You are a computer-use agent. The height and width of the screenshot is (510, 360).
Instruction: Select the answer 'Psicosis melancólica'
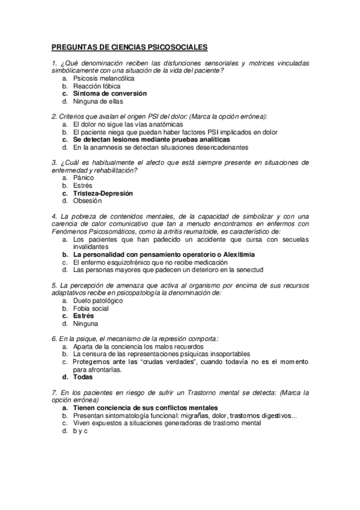coord(103,78)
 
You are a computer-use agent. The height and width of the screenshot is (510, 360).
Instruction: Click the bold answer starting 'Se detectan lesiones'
coord(143,139)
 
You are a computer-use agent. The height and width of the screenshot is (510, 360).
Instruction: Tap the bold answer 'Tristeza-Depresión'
coord(103,194)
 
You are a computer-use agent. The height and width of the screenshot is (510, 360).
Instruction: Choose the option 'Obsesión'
coord(88,201)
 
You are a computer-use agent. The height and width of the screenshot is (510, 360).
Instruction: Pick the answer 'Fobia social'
coord(91,308)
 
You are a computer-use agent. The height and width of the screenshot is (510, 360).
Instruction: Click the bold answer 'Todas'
coord(83,377)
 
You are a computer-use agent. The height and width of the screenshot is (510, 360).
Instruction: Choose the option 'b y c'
coord(81,431)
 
